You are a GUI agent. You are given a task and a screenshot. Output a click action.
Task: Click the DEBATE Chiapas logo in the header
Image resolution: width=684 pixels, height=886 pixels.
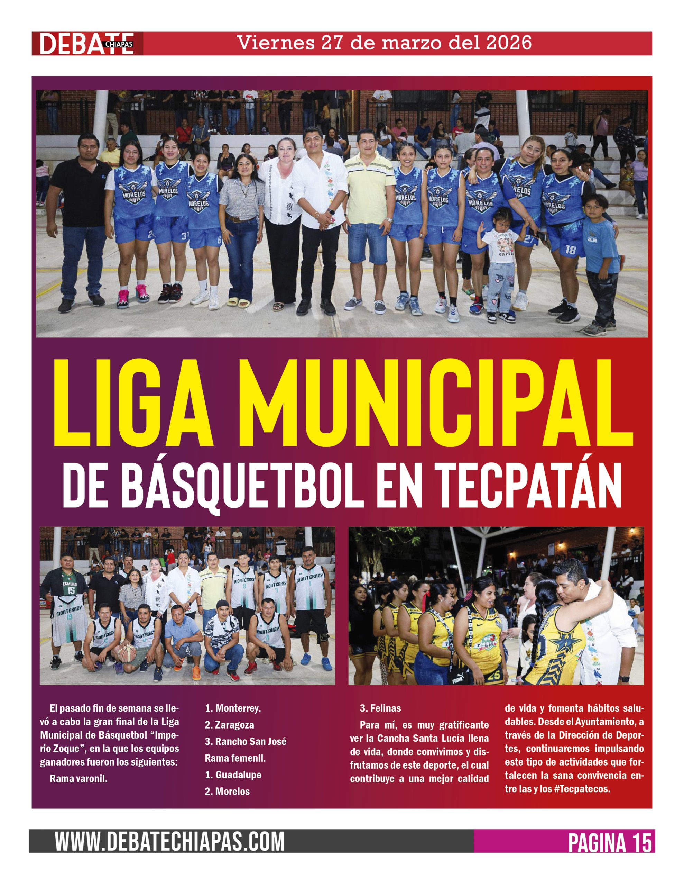[87, 43]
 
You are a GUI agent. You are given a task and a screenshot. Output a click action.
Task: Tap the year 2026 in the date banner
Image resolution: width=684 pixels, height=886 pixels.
[509, 43]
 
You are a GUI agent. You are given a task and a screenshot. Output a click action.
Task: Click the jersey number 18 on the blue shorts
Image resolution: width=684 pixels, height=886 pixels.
[570, 250]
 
